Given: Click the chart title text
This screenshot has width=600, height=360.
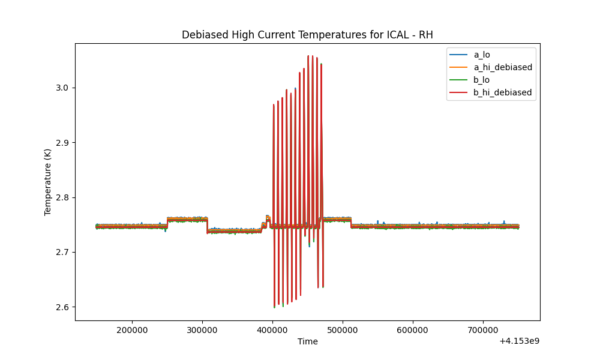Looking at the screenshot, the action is (x=307, y=35).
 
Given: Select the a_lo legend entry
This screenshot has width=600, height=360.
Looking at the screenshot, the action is (x=482, y=55).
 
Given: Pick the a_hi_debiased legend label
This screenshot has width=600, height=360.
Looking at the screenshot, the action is (x=503, y=67).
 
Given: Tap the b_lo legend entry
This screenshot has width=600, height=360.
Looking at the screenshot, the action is (x=482, y=80).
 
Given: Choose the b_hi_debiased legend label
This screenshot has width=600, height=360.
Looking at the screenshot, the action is (x=503, y=92).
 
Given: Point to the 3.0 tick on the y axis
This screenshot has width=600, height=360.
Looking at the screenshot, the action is (x=62, y=88).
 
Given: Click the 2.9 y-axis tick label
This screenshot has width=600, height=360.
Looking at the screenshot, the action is (x=62, y=143).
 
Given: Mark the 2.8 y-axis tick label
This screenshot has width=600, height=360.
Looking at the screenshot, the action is (x=62, y=198).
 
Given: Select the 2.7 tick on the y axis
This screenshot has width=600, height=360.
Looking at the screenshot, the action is (x=62, y=253).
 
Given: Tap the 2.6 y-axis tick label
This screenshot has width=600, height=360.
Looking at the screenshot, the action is (x=62, y=307).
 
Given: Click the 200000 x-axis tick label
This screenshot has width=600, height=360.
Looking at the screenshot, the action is (x=132, y=330).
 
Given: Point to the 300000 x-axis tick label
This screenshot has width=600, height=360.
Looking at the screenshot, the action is (x=202, y=330).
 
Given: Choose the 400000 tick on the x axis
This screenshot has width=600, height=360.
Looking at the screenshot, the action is (x=272, y=330).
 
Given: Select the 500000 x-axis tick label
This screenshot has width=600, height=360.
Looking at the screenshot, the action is (x=343, y=330).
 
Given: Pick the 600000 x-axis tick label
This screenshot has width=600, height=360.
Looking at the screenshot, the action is (x=413, y=330).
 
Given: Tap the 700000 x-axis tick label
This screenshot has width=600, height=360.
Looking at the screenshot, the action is (x=483, y=330).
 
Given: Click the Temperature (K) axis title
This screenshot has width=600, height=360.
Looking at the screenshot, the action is (x=48, y=182).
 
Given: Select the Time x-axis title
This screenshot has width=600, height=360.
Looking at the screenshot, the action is (x=308, y=341).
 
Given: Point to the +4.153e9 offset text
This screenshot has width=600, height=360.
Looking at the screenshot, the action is (x=520, y=341).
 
